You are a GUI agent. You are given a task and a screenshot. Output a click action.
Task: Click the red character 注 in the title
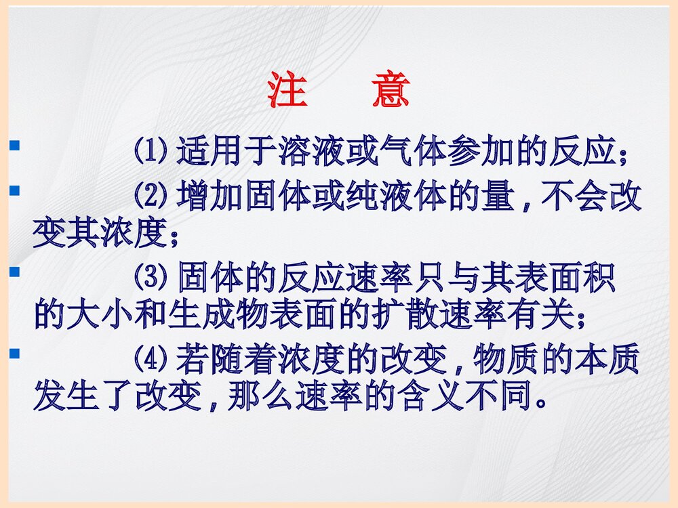(287, 90)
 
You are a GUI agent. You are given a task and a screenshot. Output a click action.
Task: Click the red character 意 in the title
(391, 90)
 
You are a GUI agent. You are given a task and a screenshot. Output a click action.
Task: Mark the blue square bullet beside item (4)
(14, 352)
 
